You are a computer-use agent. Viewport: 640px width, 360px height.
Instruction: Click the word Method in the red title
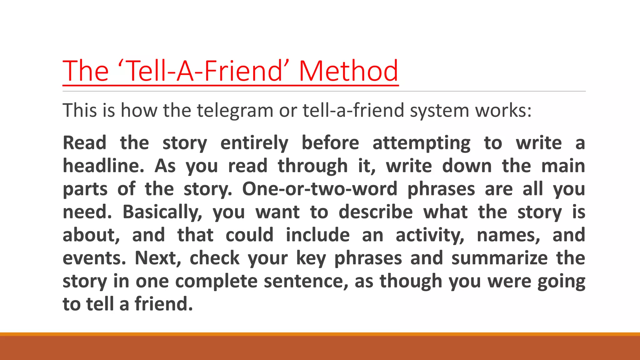click(348, 71)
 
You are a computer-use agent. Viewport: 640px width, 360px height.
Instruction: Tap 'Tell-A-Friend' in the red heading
click(203, 71)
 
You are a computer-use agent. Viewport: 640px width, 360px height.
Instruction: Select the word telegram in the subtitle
click(235, 111)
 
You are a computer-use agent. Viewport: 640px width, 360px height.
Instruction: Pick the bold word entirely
click(254, 143)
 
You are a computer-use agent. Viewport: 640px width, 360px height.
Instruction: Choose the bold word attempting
click(422, 143)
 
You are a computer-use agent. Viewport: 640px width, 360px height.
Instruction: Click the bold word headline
click(103, 166)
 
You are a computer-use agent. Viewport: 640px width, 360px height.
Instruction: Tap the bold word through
click(313, 166)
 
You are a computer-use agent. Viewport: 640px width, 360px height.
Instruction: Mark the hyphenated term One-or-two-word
click(320, 189)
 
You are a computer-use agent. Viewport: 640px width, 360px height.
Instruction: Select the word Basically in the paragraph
click(162, 212)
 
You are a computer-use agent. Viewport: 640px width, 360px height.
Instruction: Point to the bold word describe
click(376, 212)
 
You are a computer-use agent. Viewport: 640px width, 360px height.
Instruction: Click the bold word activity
click(430, 235)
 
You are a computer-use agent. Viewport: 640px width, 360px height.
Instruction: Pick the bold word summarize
click(499, 258)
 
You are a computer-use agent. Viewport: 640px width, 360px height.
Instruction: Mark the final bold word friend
click(164, 304)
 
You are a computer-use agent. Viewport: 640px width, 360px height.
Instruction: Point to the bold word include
click(317, 235)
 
